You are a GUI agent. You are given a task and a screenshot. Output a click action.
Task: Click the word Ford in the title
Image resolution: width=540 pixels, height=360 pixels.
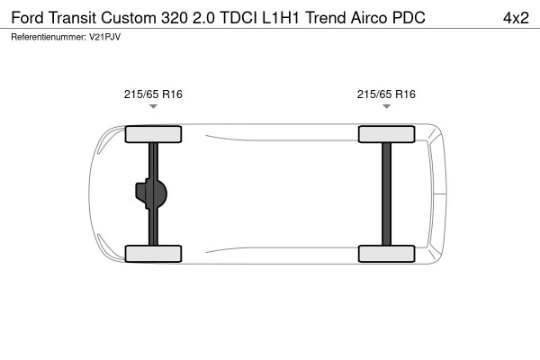(27, 18)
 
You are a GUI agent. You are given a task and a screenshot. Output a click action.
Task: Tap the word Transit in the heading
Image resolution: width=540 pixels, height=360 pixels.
(72, 18)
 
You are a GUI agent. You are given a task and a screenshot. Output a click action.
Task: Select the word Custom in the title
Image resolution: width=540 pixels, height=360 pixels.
(129, 18)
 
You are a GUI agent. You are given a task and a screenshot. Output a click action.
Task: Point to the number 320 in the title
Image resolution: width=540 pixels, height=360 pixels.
(175, 18)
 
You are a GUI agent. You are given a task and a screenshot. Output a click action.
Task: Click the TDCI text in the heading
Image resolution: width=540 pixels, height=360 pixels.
(238, 18)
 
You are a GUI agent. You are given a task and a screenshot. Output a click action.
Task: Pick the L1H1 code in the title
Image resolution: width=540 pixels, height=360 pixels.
(281, 18)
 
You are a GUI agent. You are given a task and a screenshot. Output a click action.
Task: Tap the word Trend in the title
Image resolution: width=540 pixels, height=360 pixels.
(326, 18)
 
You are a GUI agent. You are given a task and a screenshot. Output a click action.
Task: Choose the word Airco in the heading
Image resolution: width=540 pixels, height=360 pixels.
(369, 18)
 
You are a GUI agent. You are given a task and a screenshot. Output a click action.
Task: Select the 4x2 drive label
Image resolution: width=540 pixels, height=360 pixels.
(516, 18)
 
